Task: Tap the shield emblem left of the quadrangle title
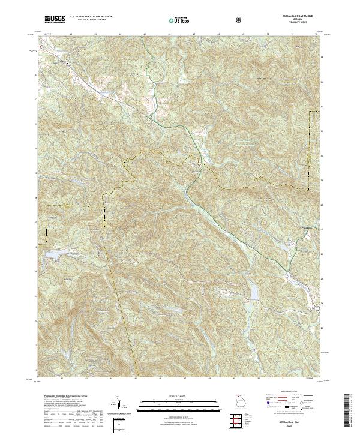click(x=240, y=19)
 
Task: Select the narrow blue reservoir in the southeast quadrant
click(x=253, y=292)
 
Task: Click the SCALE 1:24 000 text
click(x=172, y=395)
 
